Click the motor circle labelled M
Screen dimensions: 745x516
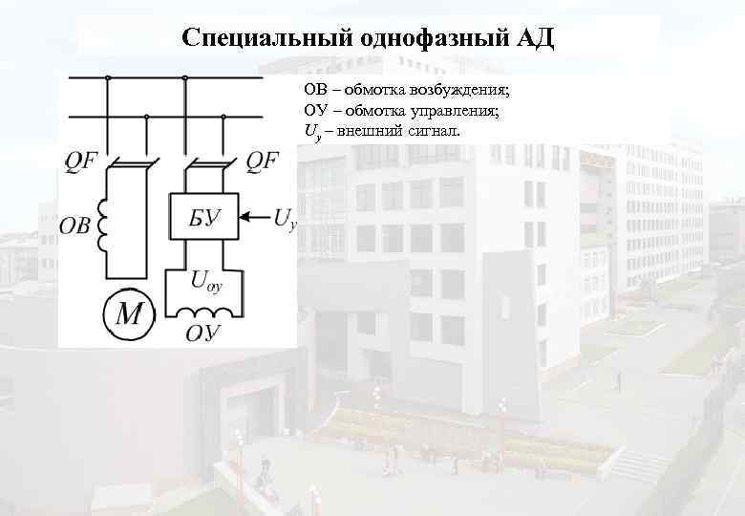point(127,314)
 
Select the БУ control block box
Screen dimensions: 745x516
point(204,219)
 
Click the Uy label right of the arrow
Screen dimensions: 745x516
point(285,221)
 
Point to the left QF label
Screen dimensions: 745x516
point(82,161)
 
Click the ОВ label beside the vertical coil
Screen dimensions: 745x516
point(74,226)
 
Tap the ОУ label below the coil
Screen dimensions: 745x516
point(203,333)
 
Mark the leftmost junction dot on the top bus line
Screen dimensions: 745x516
point(108,77)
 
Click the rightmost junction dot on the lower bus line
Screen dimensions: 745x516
point(223,116)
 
